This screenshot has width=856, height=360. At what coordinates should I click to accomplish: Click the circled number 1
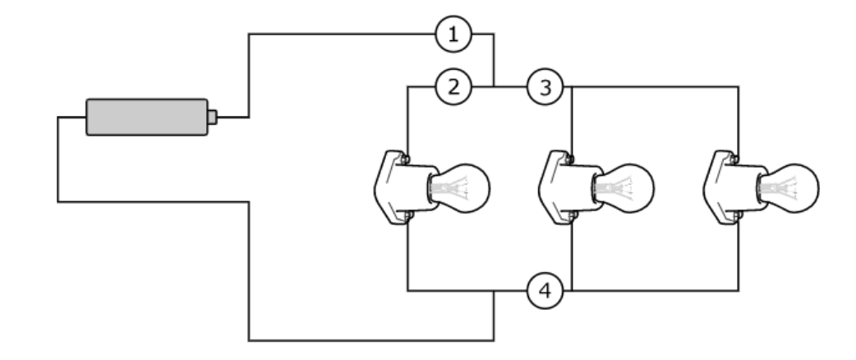(453, 35)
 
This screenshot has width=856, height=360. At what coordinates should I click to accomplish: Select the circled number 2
(453, 87)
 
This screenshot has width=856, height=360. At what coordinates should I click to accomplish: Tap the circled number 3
(545, 87)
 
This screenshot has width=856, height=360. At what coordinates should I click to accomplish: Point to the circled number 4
(545, 291)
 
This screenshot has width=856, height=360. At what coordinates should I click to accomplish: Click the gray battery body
(147, 117)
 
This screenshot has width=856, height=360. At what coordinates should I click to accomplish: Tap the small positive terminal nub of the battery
(213, 117)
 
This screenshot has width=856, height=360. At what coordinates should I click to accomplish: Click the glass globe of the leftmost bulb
(464, 188)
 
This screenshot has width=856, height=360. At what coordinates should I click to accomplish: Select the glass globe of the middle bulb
(628, 188)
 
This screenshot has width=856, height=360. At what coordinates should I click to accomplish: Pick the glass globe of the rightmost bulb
(794, 188)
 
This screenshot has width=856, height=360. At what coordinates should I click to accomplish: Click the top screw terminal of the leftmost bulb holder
(406, 159)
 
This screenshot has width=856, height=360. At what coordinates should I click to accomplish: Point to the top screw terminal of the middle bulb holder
(570, 159)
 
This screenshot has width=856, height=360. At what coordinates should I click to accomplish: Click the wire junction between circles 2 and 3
(494, 87)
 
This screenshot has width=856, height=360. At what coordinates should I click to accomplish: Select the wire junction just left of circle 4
(494, 291)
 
